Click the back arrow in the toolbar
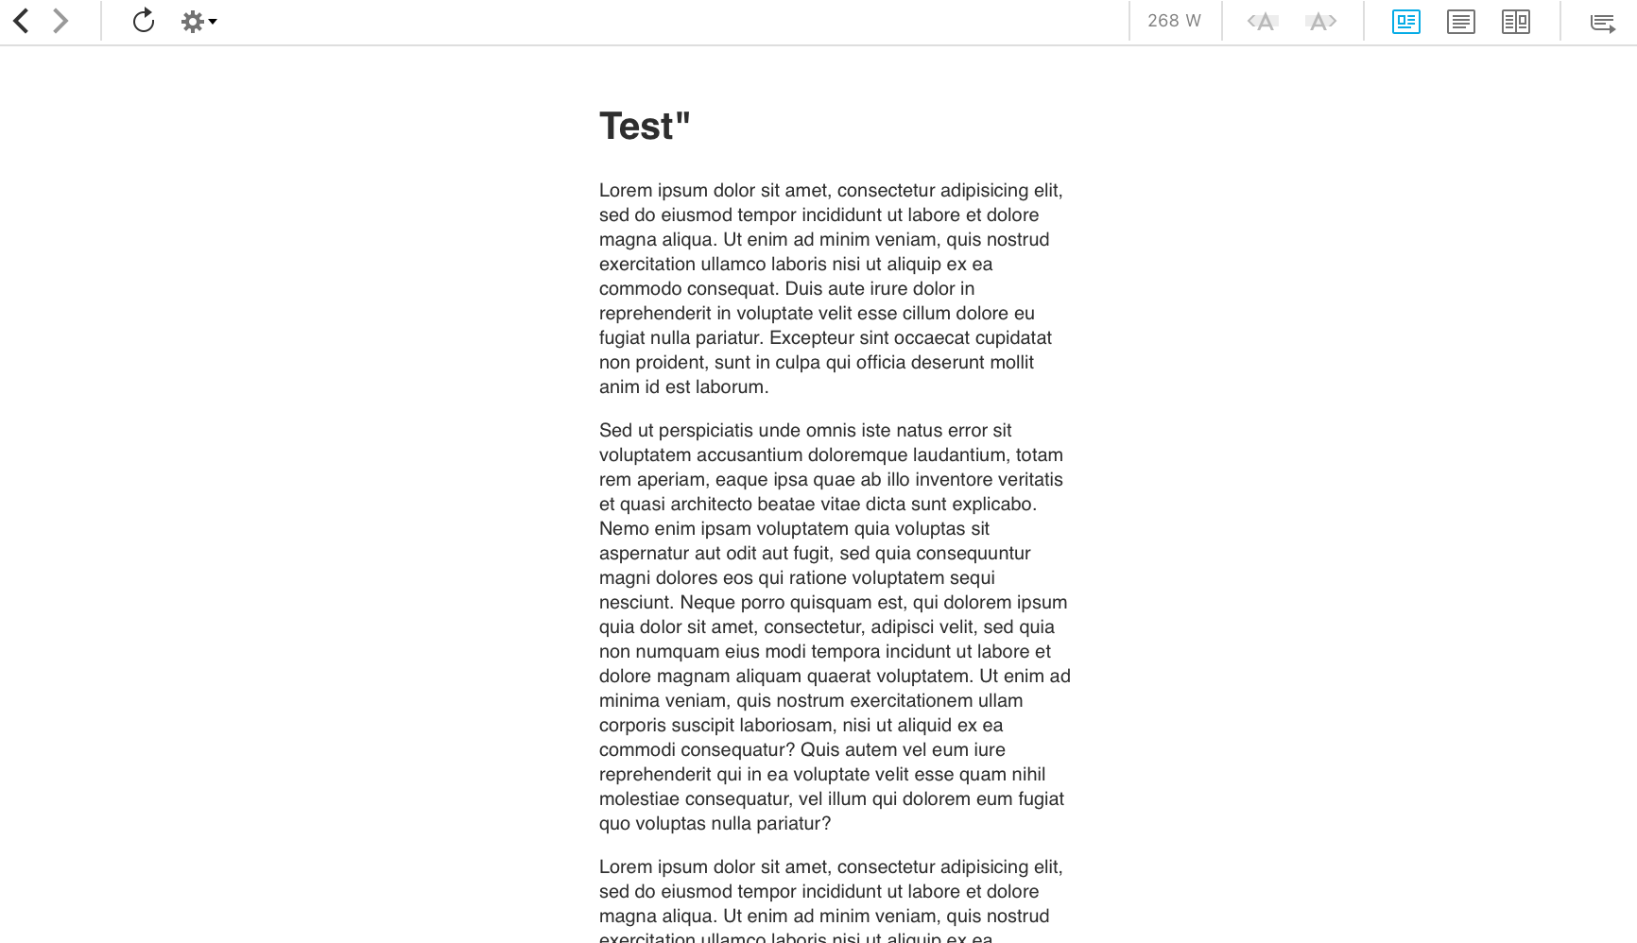click(x=21, y=21)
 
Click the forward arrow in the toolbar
click(x=60, y=21)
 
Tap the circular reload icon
click(x=144, y=21)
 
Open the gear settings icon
click(x=194, y=22)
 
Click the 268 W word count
click(x=1174, y=21)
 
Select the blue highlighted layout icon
click(x=1405, y=22)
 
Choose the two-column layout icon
click(x=1515, y=22)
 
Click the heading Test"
click(x=645, y=127)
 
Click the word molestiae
click(x=639, y=798)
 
